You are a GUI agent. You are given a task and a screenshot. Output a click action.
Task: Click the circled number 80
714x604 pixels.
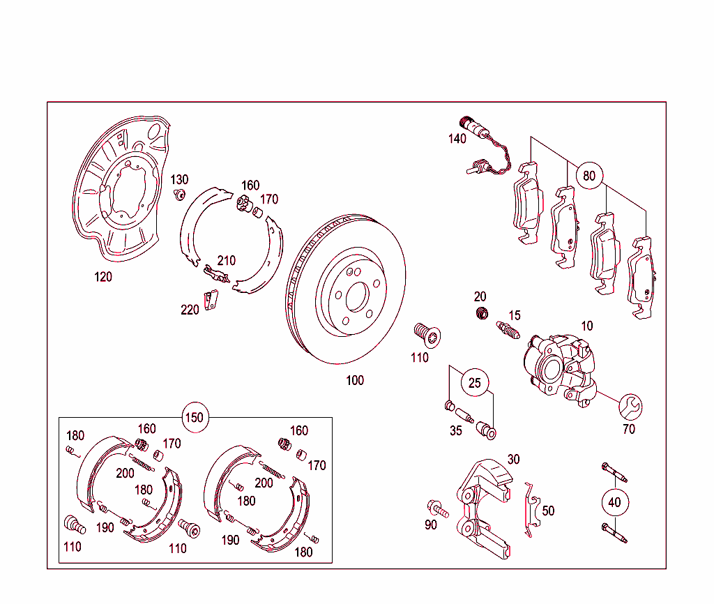589,175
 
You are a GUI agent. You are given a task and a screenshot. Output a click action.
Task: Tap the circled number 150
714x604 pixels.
195,418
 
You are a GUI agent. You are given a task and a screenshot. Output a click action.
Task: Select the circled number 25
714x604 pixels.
474,383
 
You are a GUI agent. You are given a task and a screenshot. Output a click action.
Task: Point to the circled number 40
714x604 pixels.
614,502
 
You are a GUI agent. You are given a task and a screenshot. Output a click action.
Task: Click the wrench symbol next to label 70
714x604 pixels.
631,406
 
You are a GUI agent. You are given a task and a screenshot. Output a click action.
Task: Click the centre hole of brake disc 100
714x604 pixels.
356,295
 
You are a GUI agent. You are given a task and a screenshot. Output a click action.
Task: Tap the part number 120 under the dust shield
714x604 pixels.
103,277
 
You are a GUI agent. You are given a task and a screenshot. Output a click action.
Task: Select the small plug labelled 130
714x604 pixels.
179,194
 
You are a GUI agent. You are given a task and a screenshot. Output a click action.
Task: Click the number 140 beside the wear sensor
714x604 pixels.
457,139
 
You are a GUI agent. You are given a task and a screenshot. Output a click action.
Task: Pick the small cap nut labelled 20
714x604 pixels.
480,313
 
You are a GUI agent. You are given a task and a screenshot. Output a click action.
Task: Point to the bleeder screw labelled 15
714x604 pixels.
508,329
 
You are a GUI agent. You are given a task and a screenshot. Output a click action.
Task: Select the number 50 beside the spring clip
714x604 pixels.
548,511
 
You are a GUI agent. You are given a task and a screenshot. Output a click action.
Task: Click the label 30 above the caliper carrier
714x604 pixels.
513,459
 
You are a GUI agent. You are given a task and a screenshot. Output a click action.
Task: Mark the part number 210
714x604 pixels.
226,261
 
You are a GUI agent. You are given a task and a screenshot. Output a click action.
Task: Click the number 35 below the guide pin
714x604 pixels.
455,430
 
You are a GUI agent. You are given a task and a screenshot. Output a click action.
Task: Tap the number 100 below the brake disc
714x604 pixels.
355,380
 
